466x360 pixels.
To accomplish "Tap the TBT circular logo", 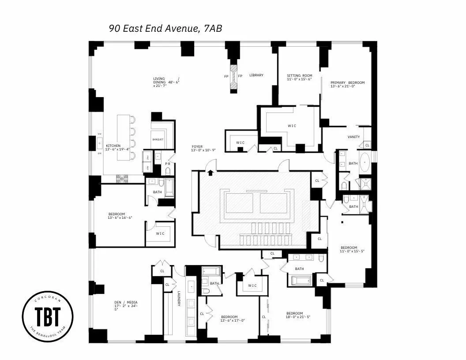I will click(48, 316).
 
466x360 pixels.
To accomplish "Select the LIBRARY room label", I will click(256, 75).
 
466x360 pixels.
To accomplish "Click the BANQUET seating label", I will click(158, 140).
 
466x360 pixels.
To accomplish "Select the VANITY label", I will click(354, 137).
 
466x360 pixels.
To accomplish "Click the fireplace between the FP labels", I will click(233, 78).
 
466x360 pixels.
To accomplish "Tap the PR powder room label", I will click(167, 164).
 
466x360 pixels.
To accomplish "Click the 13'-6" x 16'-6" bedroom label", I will click(117, 216).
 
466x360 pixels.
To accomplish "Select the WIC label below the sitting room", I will click(292, 126).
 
